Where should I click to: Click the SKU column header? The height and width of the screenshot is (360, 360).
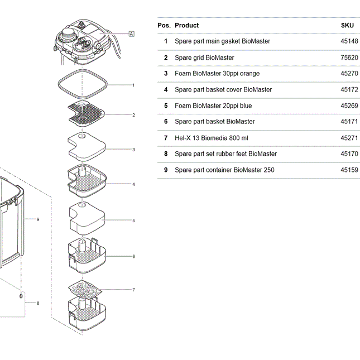click(x=347, y=25)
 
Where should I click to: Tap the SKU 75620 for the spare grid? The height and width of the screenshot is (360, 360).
click(x=349, y=57)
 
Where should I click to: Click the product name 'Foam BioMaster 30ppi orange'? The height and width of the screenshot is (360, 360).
click(x=217, y=74)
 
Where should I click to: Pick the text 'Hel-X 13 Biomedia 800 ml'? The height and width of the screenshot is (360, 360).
click(x=211, y=138)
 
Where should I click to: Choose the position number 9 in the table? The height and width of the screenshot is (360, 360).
click(x=166, y=170)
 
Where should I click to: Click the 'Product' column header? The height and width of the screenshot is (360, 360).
click(x=186, y=25)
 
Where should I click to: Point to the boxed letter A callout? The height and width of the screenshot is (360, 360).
click(x=131, y=34)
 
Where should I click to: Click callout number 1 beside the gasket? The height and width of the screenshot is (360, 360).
click(x=133, y=85)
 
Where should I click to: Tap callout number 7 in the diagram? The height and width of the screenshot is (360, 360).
click(x=133, y=290)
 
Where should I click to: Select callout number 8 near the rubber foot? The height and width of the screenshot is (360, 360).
click(x=38, y=303)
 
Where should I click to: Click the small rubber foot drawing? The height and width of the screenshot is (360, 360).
click(x=21, y=296)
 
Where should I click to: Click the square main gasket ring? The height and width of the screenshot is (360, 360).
click(x=83, y=70)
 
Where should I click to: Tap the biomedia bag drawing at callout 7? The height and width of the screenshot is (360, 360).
click(x=85, y=290)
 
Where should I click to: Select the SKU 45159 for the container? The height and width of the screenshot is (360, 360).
click(x=349, y=170)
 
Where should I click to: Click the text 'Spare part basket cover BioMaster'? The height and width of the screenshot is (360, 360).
click(x=223, y=89)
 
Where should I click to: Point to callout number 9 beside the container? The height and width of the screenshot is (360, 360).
click(x=38, y=219)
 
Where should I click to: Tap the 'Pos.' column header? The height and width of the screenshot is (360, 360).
click(x=164, y=25)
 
